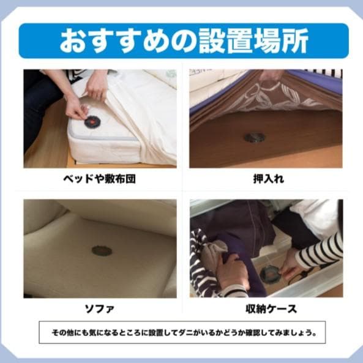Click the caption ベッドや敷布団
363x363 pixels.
pyautogui.click(x=100, y=179)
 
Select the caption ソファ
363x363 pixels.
pyautogui.click(x=100, y=308)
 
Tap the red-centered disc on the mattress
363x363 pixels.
pyautogui.click(x=92, y=121)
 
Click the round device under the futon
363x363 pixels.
pyautogui.click(x=253, y=137)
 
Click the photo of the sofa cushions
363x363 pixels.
pyautogui.click(x=100, y=248)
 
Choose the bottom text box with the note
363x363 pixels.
pyautogui.click(x=182, y=332)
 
